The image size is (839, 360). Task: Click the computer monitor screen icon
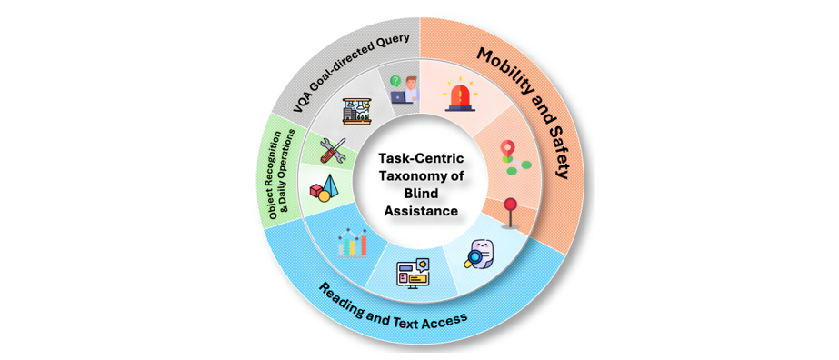pyautogui.click(x=413, y=275)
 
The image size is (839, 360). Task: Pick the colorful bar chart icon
pyautogui.click(x=352, y=243)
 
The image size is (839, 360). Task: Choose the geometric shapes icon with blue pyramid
pyautogui.click(x=325, y=188)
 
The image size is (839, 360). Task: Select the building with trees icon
pyautogui.click(x=356, y=111)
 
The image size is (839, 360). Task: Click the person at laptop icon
pyautogui.click(x=405, y=90)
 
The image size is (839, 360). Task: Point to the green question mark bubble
pyautogui.click(x=395, y=81)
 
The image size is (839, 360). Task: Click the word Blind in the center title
pyautogui.click(x=420, y=194)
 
